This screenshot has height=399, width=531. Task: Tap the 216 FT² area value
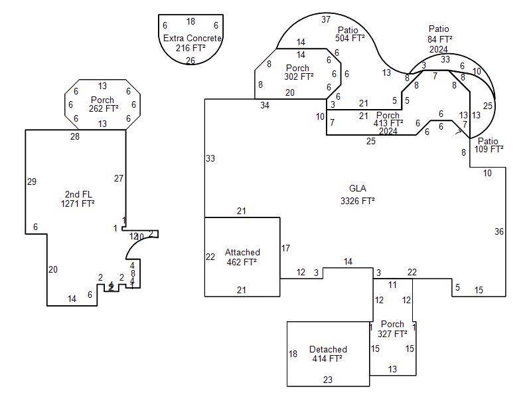[190, 49]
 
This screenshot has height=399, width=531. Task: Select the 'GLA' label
[357, 189]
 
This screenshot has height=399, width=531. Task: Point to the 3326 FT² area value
[357, 200]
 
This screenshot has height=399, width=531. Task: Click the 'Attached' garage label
[242, 253]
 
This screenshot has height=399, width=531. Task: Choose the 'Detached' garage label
[328, 350]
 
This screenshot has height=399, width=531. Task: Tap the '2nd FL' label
[78, 195]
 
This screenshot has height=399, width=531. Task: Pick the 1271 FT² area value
[78, 204]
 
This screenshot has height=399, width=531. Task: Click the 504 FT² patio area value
[350, 39]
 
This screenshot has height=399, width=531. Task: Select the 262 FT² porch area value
[104, 108]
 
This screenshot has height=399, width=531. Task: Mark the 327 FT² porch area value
[392, 334]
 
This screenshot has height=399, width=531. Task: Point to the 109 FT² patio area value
[489, 150]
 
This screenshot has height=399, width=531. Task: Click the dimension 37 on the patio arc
[326, 20]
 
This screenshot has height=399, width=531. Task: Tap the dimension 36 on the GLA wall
[499, 231]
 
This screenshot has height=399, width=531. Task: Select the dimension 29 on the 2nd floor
[32, 182]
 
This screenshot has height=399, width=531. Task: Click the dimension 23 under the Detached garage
[328, 380]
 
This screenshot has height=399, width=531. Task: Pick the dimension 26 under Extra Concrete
[190, 61]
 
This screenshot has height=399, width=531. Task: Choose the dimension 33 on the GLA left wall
[210, 159]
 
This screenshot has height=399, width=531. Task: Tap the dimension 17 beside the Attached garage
[285, 249]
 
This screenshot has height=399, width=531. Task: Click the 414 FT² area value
[327, 359]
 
